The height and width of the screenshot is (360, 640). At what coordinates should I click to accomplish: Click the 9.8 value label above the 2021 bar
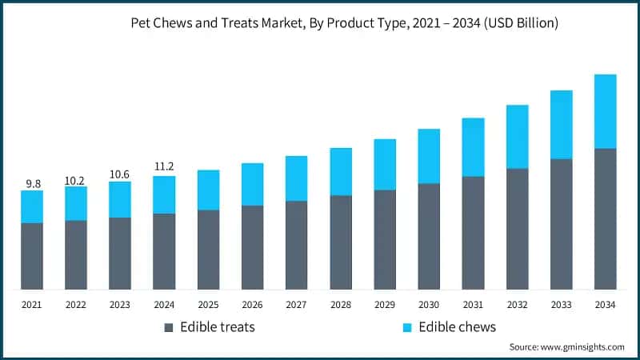[33, 183]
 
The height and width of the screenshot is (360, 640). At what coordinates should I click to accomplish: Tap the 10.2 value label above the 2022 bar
[76, 180]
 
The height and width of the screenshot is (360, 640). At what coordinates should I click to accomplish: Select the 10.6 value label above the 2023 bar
[120, 174]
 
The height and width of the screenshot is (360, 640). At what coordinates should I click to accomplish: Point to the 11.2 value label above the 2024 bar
[164, 167]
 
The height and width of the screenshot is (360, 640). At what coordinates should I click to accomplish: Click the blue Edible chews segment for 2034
[605, 111]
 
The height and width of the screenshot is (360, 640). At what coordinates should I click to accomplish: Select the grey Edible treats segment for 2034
[605, 218]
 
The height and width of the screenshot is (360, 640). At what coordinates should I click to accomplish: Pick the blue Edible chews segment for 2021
[33, 206]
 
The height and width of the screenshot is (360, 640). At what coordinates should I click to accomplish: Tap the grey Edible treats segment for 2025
[208, 249]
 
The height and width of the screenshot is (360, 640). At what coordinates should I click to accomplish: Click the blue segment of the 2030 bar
[429, 156]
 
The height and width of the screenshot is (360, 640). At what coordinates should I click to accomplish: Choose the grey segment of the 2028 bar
[341, 242]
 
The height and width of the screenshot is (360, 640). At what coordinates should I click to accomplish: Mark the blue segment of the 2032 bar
[517, 137]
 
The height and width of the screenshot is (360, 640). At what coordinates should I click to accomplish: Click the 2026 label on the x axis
[252, 305]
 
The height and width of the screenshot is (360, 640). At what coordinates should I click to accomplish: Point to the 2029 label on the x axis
[385, 305]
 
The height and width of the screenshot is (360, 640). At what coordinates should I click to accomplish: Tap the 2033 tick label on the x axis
[561, 305]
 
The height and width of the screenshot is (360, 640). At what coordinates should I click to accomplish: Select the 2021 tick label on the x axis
[32, 305]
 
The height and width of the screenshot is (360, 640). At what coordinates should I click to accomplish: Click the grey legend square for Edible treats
[168, 327]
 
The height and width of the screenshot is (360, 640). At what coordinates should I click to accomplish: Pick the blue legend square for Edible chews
[406, 327]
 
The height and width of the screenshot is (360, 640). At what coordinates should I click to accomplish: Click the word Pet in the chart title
[141, 24]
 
